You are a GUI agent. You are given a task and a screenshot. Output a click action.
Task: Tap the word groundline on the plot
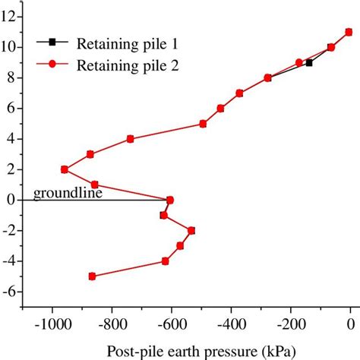click(x=67, y=193)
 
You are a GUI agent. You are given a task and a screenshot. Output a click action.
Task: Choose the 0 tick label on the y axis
click(x=13, y=200)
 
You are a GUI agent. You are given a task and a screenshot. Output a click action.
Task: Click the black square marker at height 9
click(x=309, y=62)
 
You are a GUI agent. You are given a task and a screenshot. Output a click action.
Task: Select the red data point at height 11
click(x=349, y=32)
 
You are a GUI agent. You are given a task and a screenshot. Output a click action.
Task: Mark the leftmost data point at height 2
click(x=64, y=169)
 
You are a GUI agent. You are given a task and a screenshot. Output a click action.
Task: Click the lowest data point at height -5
click(x=92, y=276)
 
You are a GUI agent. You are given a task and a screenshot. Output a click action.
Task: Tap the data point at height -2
click(x=191, y=230)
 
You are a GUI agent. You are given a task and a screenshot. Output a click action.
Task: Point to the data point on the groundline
click(x=170, y=200)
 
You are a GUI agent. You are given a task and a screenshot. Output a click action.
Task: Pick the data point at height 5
click(x=203, y=123)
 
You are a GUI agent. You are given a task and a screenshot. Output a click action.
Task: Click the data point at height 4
click(x=131, y=139)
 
